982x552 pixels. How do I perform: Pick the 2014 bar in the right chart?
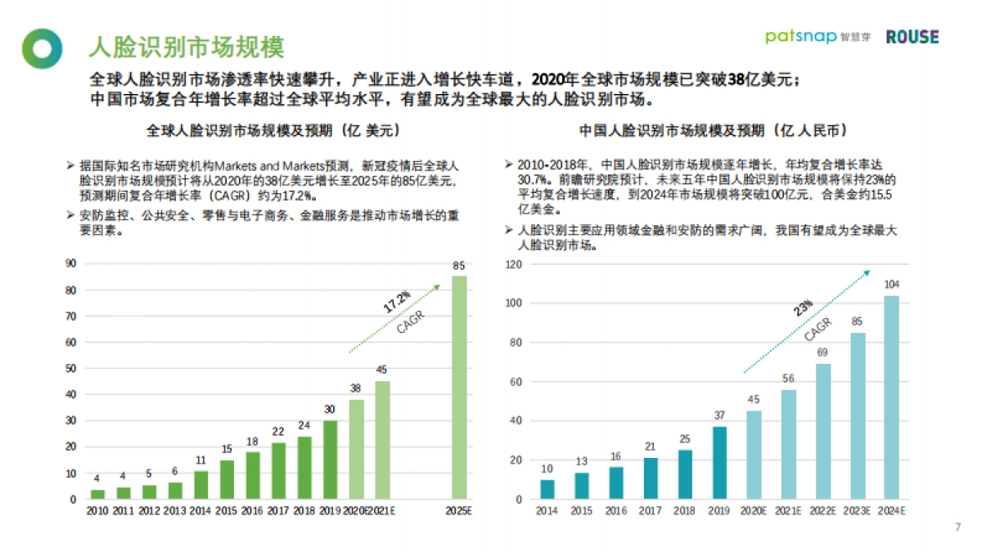pyautogui.click(x=547, y=489)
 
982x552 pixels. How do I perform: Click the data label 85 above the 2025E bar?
pyautogui.click(x=459, y=265)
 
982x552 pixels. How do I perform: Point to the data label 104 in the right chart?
pyautogui.click(x=891, y=284)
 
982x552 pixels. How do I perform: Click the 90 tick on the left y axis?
pyautogui.click(x=71, y=263)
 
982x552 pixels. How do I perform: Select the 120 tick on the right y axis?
pyautogui.click(x=513, y=264)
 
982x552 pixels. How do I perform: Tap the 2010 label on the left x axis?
pyautogui.click(x=97, y=511)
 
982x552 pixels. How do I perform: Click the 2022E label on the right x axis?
pyautogui.click(x=822, y=511)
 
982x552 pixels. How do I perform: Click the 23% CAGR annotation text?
pyautogui.click(x=803, y=307)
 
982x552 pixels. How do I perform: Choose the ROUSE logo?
pyautogui.click(x=912, y=37)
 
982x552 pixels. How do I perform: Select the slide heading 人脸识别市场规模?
pyautogui.click(x=186, y=47)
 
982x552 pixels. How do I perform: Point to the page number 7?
pyautogui.click(x=957, y=526)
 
